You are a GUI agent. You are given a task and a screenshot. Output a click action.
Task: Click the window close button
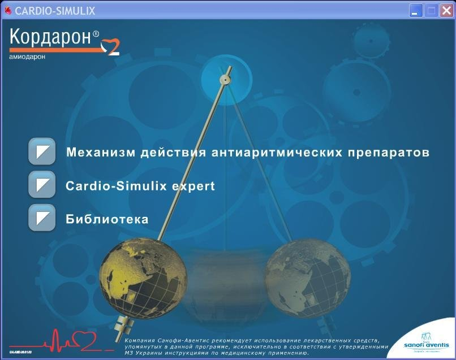[446, 10]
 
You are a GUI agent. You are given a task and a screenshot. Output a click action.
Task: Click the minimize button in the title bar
[416, 10]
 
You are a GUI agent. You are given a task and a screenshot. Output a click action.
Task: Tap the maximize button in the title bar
[431, 10]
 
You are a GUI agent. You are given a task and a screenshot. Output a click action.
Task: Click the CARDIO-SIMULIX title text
[55, 11]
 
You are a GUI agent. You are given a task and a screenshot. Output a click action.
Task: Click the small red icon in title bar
[8, 11]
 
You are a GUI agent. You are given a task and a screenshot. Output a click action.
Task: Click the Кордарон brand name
[51, 37]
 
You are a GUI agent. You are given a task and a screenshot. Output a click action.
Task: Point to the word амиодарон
[28, 57]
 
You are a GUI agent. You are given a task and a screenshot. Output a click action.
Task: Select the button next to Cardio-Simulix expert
[42, 185]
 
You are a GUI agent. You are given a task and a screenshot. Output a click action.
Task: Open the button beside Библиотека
[42, 218]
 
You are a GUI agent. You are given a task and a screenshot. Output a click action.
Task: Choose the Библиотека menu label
[107, 219]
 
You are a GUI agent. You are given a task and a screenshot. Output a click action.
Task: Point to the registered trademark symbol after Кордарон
[96, 34]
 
